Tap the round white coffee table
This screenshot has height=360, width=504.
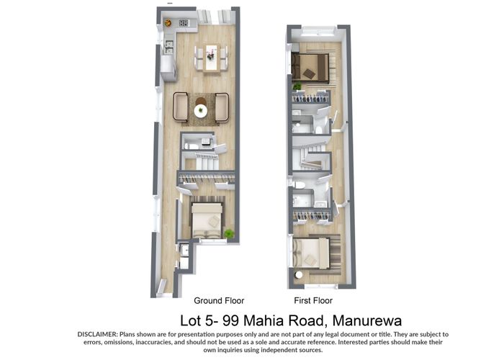point(200,110)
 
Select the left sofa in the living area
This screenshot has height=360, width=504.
point(180,107)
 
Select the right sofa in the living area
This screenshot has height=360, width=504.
point(221,107)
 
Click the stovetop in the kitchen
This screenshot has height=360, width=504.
point(184,23)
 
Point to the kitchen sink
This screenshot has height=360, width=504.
point(168,45)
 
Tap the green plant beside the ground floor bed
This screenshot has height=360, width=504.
point(229,233)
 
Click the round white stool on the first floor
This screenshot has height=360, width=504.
point(299,276)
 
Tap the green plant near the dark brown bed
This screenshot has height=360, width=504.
point(297,86)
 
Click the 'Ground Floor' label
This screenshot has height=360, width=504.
point(219,300)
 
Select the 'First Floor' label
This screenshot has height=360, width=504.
point(313,300)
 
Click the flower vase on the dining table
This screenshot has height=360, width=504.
point(211,50)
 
